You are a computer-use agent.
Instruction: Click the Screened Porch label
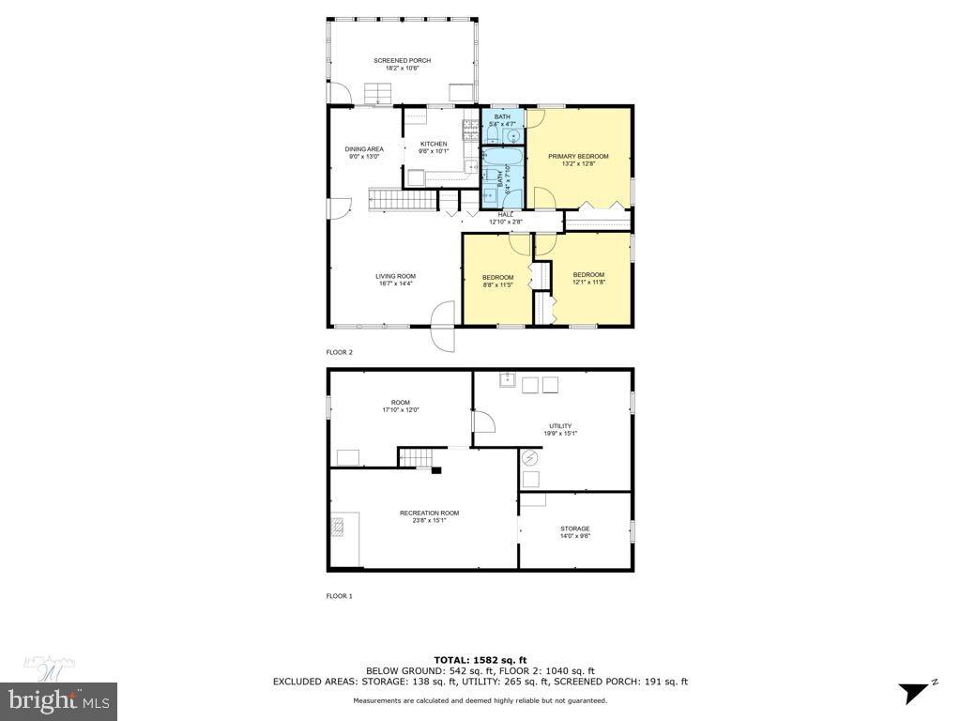click(402, 60)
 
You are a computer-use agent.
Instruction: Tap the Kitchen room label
click(434, 144)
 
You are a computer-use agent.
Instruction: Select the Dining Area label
click(364, 149)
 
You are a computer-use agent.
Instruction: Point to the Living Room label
click(395, 276)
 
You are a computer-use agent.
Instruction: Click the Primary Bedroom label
click(578, 156)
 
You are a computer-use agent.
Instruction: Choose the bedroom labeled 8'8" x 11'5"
click(497, 277)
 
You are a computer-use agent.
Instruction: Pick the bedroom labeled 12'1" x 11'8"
click(588, 275)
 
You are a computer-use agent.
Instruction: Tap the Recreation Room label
click(429, 513)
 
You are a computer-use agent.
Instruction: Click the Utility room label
click(559, 426)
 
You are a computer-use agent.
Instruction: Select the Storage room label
click(575, 529)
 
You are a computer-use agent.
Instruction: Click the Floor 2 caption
click(339, 352)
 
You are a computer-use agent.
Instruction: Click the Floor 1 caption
click(339, 596)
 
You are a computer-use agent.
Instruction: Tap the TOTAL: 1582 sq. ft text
click(480, 659)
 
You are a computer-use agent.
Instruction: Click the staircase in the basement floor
click(419, 457)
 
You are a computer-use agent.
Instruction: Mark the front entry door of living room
click(443, 325)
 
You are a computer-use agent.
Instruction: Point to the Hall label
click(506, 215)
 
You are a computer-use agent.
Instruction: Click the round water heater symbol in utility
click(531, 458)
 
